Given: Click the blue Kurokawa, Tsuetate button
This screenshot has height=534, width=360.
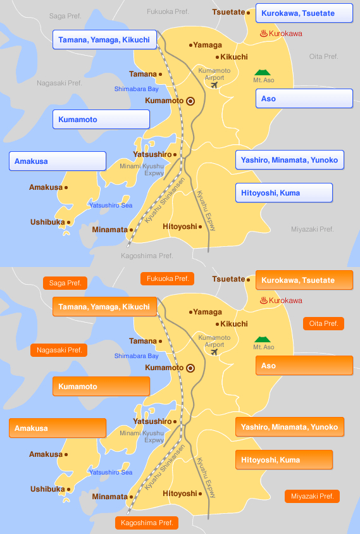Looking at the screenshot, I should (304, 13).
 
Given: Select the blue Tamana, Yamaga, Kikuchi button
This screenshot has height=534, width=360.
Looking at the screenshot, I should (104, 40).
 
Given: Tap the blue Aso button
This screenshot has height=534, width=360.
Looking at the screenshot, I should (304, 99).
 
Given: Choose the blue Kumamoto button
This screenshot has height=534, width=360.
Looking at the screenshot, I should (101, 120).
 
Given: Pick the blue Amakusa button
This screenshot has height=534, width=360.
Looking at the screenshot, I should (58, 161).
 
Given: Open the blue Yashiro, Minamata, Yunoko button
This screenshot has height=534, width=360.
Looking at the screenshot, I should (289, 160).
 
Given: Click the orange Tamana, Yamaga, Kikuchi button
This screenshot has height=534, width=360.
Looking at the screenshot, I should (104, 307).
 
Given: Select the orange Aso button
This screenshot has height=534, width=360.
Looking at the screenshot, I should (304, 366).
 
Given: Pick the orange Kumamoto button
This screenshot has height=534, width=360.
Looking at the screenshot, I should (101, 387).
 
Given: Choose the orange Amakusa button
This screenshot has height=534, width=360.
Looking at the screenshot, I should (58, 428).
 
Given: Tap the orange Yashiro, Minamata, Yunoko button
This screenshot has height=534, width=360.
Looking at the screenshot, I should (289, 427).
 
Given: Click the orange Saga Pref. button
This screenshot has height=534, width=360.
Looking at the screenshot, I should (65, 283).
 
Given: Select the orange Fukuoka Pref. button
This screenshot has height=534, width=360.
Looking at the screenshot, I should (167, 278).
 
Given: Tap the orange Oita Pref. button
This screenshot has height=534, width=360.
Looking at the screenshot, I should (323, 323).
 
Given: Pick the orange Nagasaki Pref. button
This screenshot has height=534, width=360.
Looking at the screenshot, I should (59, 350).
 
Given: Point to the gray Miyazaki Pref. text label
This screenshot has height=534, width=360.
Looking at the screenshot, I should (312, 229).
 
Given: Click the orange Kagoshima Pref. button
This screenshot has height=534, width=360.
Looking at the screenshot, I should (147, 523).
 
